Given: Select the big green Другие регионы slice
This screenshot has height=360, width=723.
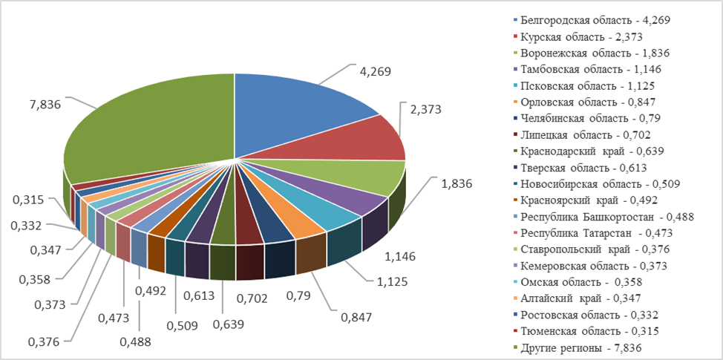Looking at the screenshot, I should pyautogui.click(x=148, y=126).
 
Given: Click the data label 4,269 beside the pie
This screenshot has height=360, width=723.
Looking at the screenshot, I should pyautogui.click(x=375, y=71).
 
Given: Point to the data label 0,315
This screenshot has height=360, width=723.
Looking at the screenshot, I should pyautogui.click(x=28, y=200).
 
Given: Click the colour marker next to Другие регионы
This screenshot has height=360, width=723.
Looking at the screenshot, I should pyautogui.click(x=515, y=347).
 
